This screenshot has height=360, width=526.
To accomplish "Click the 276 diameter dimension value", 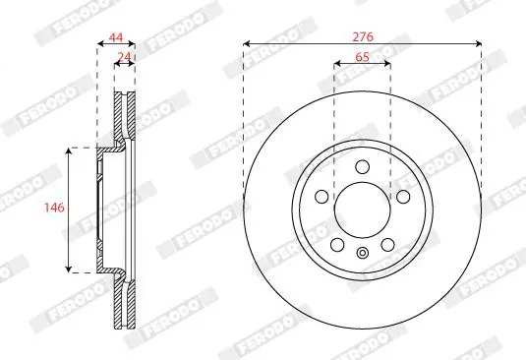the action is [x=362, y=36].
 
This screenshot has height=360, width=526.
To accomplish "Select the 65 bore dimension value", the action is [x=362, y=57].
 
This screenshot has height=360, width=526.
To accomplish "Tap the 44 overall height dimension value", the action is [x=116, y=37].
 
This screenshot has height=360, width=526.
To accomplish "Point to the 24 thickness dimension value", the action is [x=125, y=57].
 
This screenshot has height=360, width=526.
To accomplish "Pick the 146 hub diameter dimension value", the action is [x=54, y=208].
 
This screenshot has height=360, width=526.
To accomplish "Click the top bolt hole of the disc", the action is [x=362, y=167].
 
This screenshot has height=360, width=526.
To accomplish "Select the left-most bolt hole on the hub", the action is [x=321, y=197].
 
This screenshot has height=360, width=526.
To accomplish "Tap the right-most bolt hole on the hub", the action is [x=403, y=197].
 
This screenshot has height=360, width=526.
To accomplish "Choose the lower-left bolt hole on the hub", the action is [x=337, y=245].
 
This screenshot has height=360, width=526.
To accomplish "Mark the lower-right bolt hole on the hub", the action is [x=387, y=245].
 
